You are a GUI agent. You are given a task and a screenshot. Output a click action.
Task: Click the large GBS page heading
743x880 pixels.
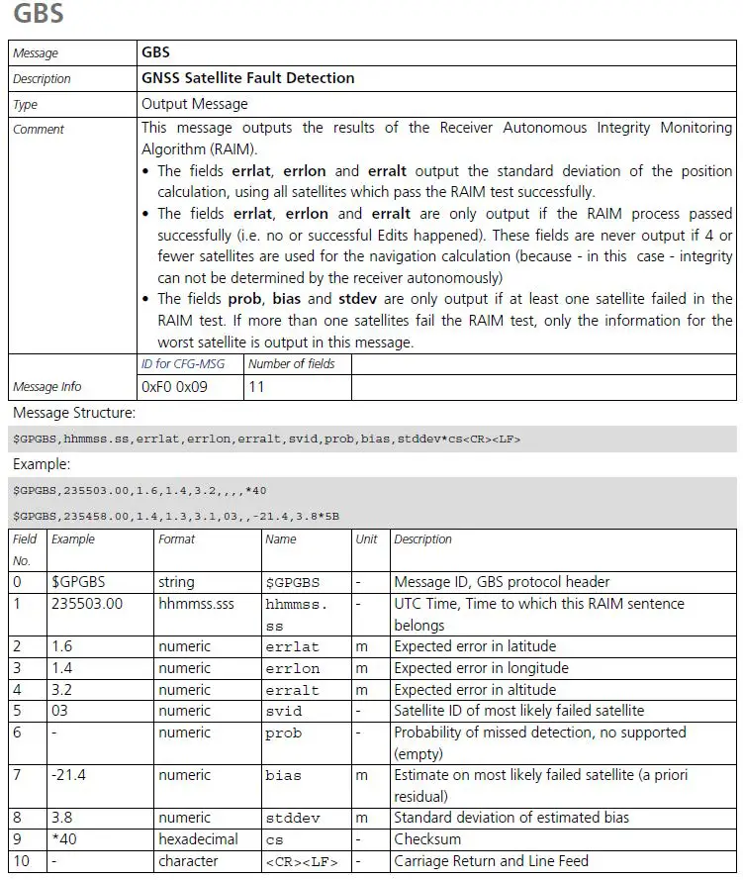coord(39,15)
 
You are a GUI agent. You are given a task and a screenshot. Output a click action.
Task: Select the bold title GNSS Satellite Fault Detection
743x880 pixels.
coord(247,78)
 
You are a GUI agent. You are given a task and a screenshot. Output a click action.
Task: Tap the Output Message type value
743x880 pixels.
coord(195,104)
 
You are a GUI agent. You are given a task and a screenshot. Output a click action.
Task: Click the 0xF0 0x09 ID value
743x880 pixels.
coord(175,387)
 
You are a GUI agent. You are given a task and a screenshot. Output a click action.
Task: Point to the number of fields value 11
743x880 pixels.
coord(257,387)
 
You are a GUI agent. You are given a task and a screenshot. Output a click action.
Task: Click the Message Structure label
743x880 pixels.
coord(74,413)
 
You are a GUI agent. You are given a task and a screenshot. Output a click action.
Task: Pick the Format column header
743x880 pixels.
coord(177,539)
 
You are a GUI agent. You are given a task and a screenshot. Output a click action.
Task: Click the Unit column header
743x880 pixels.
coord(367,539)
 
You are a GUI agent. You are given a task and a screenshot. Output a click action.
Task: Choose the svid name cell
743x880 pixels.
coord(284,712)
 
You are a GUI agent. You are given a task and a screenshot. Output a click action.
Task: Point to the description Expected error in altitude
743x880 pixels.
coord(475,690)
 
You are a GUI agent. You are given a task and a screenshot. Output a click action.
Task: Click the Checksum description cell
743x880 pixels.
coord(427,839)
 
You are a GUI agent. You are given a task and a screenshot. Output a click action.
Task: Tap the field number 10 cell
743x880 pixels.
coord(22,861)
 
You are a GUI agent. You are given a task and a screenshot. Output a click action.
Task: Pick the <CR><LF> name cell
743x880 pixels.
coord(301,861)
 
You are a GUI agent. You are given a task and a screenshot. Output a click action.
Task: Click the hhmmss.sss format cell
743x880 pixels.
coord(196,604)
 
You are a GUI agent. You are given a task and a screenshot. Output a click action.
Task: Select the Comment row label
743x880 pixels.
coord(39,130)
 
